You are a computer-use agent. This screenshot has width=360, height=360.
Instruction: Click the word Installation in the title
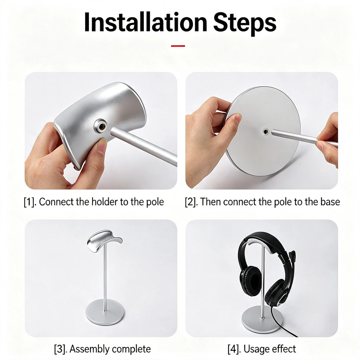[146, 22]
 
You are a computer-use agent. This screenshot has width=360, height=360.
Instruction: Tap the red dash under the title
[178, 46]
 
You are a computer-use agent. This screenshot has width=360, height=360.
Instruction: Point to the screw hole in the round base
[266, 132]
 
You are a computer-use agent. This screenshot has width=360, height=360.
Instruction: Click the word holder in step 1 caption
[104, 202]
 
